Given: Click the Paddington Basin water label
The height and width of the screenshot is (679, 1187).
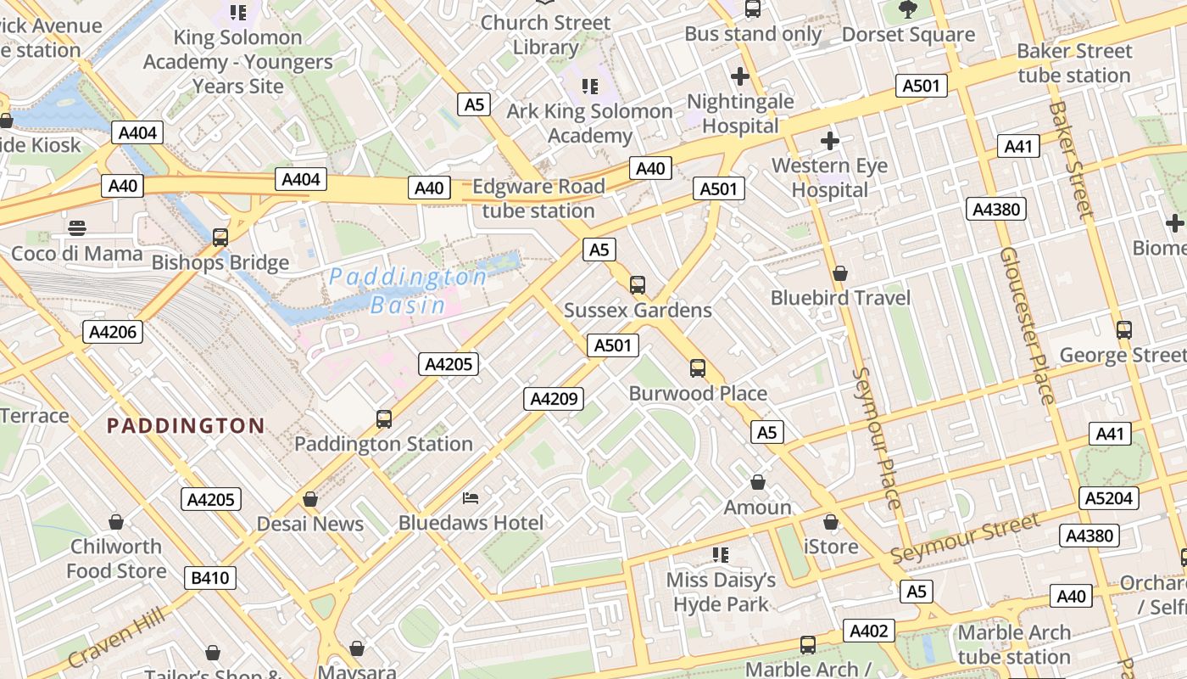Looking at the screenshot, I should [x=408, y=290].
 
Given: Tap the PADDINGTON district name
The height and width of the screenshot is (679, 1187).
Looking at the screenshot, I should [x=186, y=425].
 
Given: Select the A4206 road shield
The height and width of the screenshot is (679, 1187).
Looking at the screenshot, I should [x=113, y=332].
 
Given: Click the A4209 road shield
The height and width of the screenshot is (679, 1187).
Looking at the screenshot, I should [x=554, y=398].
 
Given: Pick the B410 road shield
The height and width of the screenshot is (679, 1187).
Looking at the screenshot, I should [x=210, y=578].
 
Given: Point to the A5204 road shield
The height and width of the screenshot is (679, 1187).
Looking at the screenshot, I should [x=1109, y=498].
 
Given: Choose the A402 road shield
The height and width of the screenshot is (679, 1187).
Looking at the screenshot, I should [x=869, y=631].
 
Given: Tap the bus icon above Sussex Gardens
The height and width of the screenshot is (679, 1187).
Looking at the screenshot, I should [x=638, y=285].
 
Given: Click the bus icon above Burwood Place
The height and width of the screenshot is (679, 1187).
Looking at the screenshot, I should [x=698, y=368].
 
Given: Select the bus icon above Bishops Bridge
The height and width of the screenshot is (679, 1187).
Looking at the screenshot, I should [x=220, y=238].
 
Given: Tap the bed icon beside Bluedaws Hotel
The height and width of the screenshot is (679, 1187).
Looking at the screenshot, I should [x=471, y=498].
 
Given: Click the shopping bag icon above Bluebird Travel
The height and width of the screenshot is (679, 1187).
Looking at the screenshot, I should [x=840, y=273].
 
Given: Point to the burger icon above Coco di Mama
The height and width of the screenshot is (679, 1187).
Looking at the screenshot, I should [x=77, y=228].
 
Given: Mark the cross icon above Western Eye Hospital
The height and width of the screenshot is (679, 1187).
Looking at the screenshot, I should [x=830, y=141].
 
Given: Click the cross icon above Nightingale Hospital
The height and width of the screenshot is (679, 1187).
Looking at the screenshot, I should [x=740, y=76].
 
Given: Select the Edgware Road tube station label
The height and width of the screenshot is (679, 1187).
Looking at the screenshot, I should [x=538, y=199].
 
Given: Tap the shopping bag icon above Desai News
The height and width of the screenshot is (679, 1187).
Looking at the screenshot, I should [x=310, y=499].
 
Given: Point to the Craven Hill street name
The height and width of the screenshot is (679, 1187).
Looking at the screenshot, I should [x=117, y=637].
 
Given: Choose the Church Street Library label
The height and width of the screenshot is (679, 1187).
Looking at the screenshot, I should [x=545, y=35].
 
